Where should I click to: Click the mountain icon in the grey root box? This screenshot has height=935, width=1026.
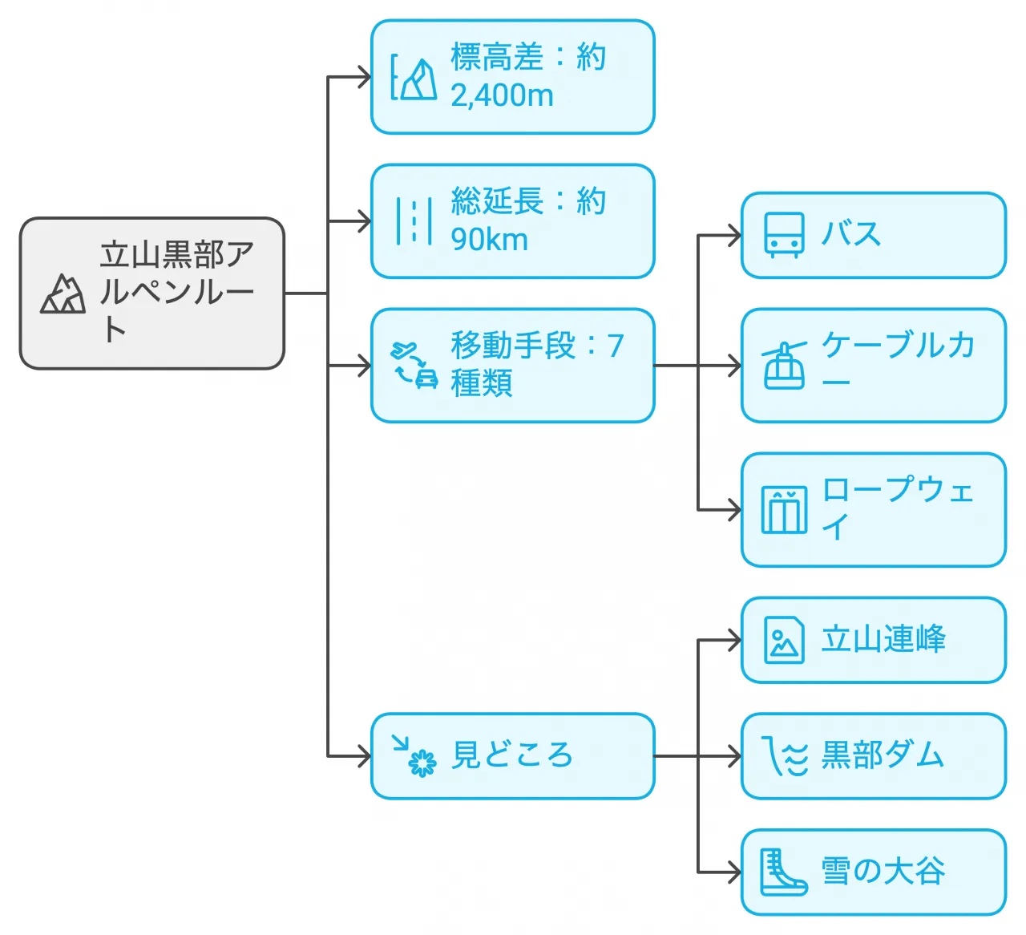tap(63, 294)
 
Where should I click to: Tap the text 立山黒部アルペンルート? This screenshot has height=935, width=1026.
tap(176, 293)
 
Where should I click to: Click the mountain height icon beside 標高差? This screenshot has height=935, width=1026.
tap(414, 78)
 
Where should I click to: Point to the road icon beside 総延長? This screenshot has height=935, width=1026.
tap(414, 221)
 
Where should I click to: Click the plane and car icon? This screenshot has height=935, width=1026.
tap(414, 366)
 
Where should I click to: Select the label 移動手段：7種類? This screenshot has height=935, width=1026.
tap(535, 366)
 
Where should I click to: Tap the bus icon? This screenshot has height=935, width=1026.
tap(784, 235)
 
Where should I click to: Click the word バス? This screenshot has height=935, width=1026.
tap(851, 235)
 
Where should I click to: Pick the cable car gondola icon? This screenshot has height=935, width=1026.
tap(784, 366)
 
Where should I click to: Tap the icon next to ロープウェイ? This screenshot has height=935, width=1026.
tap(784, 510)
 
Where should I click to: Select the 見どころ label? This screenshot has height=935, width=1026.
tap(511, 755)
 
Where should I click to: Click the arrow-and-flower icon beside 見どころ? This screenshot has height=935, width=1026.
tap(414, 756)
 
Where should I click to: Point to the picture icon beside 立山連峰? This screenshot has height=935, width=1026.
tap(784, 640)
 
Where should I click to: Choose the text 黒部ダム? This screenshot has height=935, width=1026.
tap(883, 755)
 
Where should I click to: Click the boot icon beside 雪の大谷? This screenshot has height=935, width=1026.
tap(783, 872)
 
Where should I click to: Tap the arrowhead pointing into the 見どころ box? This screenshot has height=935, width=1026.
tap(364, 756)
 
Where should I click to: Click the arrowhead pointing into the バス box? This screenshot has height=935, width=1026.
tap(734, 236)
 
